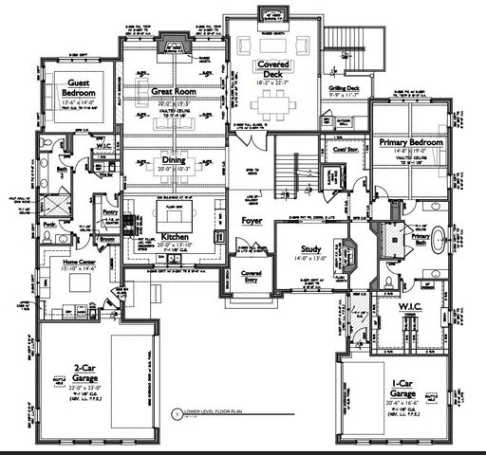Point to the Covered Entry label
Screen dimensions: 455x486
point(251,276)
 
